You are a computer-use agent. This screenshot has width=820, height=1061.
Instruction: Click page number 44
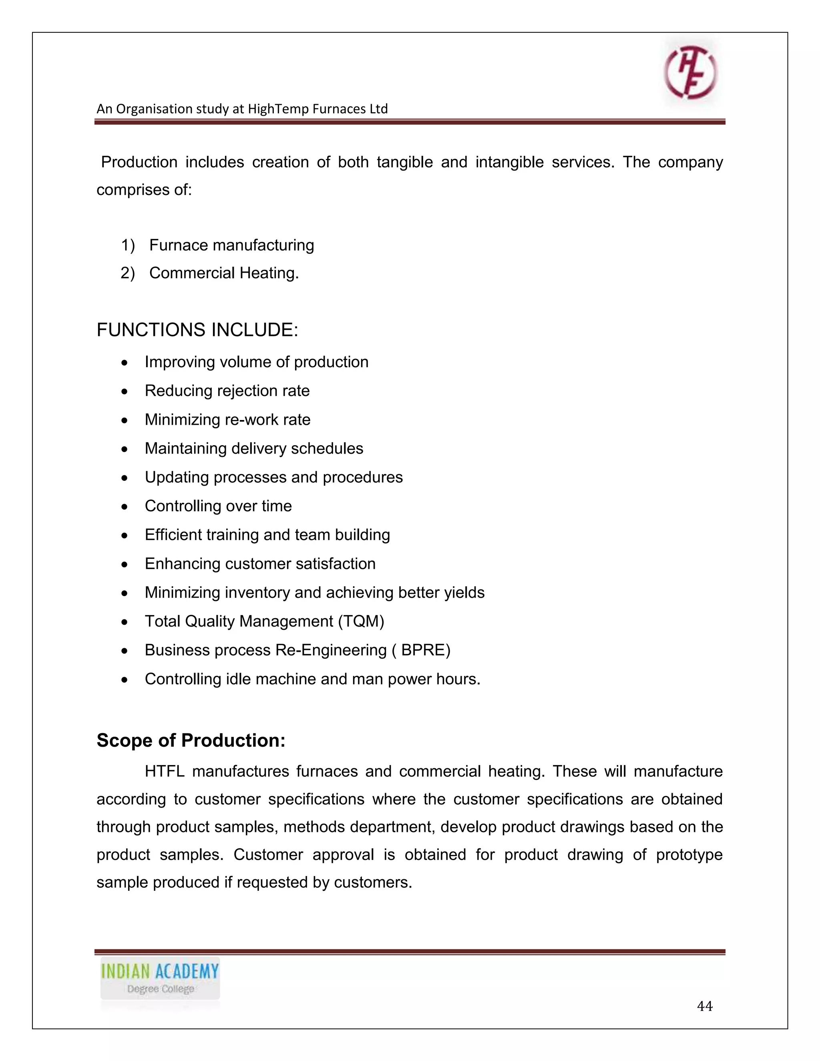pos(704,1006)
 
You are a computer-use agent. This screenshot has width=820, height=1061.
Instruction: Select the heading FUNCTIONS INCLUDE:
pos(197,330)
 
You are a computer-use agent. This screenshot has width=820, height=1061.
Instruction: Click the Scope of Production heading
pos(191,740)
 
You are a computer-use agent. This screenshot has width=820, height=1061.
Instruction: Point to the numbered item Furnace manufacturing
pos(231,245)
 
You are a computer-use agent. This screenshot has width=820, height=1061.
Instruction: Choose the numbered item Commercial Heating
pos(224,273)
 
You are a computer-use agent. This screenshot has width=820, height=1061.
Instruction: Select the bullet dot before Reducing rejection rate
pos(125,392)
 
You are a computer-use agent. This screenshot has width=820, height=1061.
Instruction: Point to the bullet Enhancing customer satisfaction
pos(260,564)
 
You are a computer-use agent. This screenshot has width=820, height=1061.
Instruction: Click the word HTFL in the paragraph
pos(164,772)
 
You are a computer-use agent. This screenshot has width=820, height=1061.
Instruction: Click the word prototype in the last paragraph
pos(689,854)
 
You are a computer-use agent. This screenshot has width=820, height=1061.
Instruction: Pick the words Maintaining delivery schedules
pos(253,448)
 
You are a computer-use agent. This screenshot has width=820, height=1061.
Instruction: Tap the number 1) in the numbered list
pos(127,245)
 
